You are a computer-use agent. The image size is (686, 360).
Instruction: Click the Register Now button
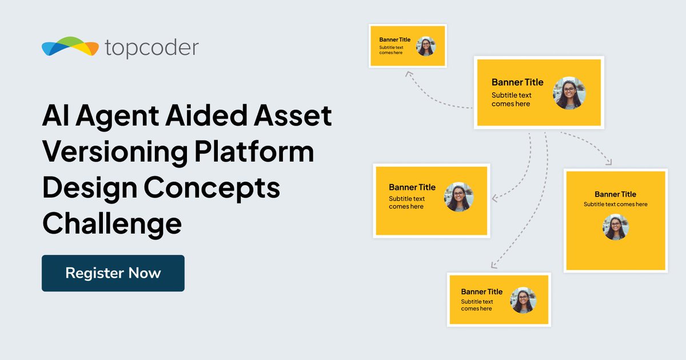pos(113,273)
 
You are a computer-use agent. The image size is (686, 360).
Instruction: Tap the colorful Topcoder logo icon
pos(70,47)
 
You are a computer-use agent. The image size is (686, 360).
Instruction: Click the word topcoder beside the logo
pos(152,48)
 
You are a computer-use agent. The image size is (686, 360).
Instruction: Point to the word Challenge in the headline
pos(112,223)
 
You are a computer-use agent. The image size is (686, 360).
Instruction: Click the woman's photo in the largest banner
pos(569,93)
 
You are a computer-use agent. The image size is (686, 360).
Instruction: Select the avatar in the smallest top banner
pos(425,46)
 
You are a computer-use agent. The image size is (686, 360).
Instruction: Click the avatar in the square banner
pos(615,227)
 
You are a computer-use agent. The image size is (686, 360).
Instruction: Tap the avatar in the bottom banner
pos(523,301)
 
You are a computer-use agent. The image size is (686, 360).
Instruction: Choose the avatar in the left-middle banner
pos(458,197)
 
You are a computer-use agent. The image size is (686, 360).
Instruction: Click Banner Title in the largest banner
pos(517,82)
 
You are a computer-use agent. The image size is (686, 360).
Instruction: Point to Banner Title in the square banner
pos(615,194)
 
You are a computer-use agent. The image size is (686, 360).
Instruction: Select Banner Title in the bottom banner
pos(481,291)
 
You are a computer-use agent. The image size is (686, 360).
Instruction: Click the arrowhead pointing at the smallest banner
pos(408,73)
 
